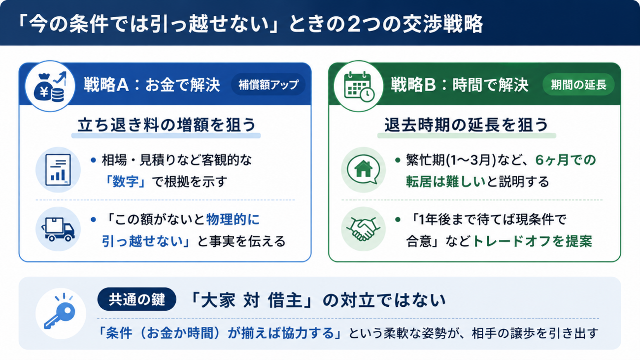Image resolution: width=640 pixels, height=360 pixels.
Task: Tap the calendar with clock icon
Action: click(359, 86)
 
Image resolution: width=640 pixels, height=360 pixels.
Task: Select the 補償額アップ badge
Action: click(268, 85)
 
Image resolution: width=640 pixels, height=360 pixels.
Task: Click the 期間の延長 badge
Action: click(578, 85)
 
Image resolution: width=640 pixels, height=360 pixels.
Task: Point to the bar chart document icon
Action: click(58, 170)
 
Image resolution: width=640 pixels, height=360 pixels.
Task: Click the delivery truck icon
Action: click(58, 229)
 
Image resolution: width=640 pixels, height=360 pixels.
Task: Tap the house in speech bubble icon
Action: click(363, 169)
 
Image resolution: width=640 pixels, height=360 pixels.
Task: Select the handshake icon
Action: click(363, 229)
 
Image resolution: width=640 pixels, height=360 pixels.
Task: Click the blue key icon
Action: click(60, 313)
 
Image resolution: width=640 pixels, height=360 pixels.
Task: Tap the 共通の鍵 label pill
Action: click(136, 299)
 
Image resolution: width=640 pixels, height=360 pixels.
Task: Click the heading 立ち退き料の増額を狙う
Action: click(167, 125)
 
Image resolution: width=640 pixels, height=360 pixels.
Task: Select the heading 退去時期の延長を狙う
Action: click(466, 125)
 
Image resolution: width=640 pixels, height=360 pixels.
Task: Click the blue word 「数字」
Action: click(126, 182)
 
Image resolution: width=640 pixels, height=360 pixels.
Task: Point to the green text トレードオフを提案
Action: click(533, 241)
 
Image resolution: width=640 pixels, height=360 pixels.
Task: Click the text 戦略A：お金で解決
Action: click(152, 85)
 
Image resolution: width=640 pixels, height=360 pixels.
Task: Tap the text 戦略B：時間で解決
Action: click(459, 85)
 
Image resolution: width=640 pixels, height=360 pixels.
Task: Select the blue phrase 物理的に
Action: click(233, 219)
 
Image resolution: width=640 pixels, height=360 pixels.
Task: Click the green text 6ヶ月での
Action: click(566, 160)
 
